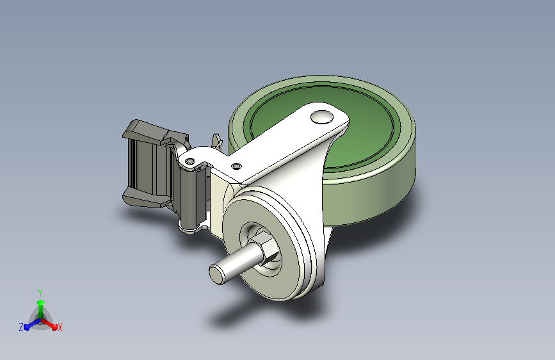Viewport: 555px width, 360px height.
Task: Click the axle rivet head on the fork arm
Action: point(322,117)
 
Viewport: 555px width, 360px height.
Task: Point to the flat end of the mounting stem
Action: point(216,274)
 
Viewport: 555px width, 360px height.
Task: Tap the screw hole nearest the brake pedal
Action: point(190,161)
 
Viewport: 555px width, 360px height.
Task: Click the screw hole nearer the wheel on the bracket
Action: point(236,166)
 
